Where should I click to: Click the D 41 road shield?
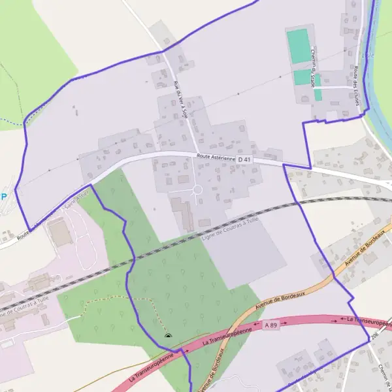pyautogui.click(x=244, y=159)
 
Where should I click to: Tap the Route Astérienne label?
pyautogui.click(x=216, y=157)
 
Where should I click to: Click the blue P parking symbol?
pyautogui.click(x=4, y=195)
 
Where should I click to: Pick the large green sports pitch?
pyautogui.click(x=300, y=46)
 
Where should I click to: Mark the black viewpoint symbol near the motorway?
pyautogui.click(x=169, y=336)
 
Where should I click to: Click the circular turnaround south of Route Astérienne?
pyautogui.click(x=197, y=190)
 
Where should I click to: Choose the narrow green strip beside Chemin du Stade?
pyautogui.click(x=318, y=95)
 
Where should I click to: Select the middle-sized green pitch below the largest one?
pyautogui.click(x=301, y=77)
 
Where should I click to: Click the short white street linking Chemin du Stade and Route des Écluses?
pyautogui.click(x=336, y=87)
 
